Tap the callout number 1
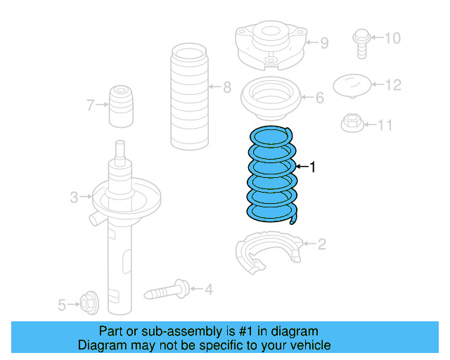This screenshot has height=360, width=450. point(313,167)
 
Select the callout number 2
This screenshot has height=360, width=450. point(321,244)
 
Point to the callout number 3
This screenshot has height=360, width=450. point(74,198)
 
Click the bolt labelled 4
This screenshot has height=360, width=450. point(166,289)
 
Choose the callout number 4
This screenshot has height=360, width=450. point(208,288)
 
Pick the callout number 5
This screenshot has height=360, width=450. point(62,304)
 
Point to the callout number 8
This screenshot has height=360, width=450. point(226,88)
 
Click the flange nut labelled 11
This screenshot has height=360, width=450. point(350,124)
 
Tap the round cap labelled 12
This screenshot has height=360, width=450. point(352,86)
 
